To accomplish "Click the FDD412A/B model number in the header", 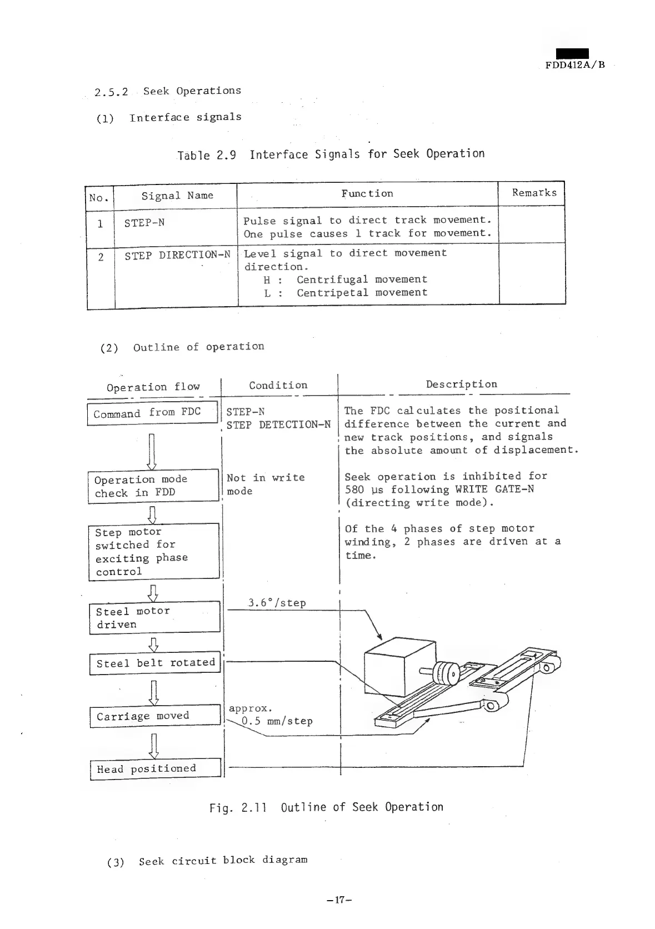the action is pos(574,64).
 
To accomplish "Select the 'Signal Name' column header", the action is pos(177,196).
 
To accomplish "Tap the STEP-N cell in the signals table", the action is pos(144,223).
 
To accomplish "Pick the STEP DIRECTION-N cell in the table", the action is pos(177,255).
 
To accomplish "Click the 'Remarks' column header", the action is pos(533,193).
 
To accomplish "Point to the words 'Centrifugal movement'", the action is pos(362,279).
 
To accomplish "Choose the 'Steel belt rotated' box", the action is pos(155,663).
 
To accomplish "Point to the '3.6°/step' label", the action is pos(277,603).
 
